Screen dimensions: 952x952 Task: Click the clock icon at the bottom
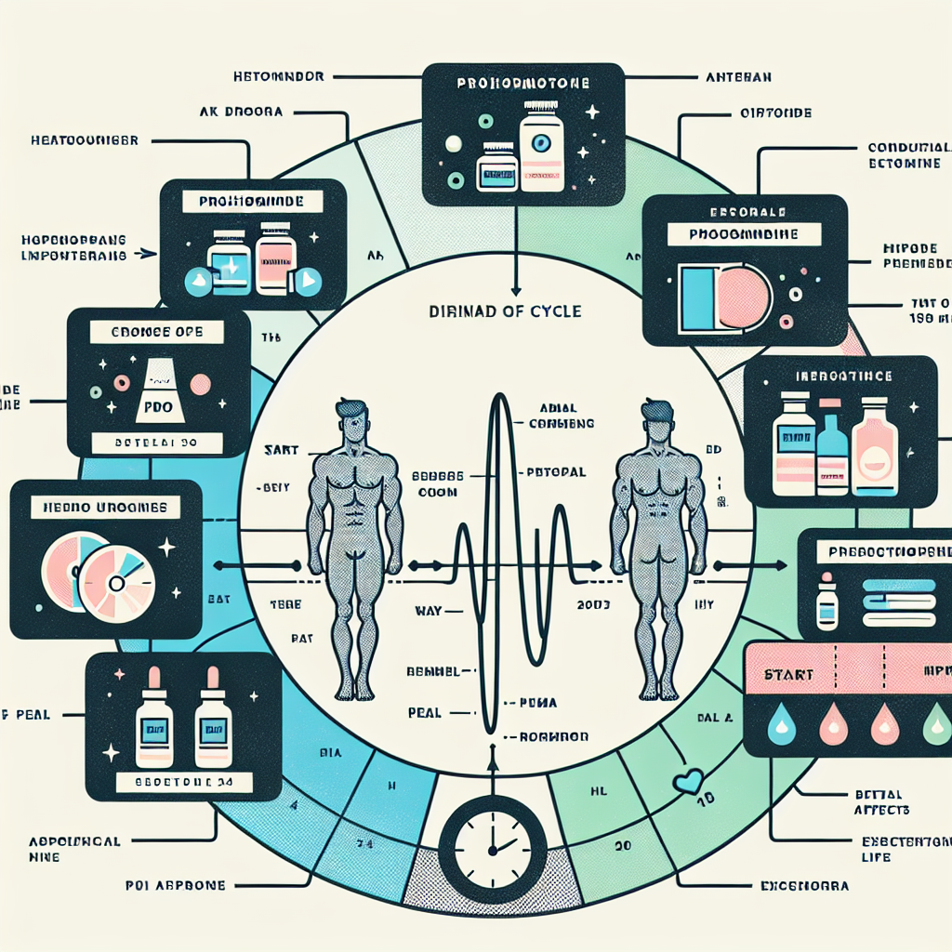click(x=492, y=845)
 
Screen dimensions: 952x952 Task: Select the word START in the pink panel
click(x=787, y=673)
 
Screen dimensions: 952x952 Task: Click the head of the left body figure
click(x=352, y=417)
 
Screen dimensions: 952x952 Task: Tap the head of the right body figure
click(x=655, y=417)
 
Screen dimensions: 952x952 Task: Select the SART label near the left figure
click(x=281, y=449)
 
